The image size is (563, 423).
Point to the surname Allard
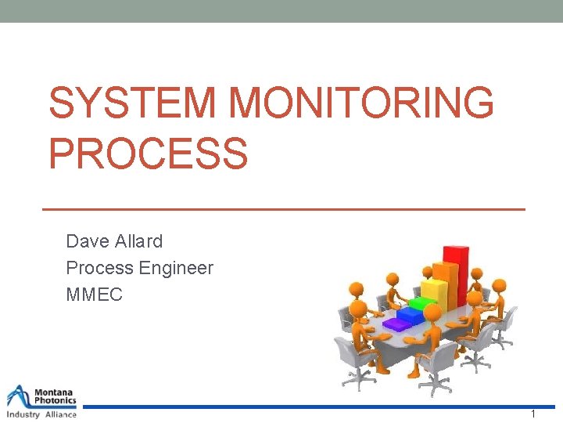coord(138,240)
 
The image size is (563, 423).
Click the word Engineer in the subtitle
coord(176,268)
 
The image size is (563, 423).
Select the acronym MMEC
coord(94,295)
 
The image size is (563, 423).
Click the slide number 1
coord(533,414)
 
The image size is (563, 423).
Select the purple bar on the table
coord(396,322)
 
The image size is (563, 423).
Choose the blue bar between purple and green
coord(407,314)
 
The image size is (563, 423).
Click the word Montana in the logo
coord(55,391)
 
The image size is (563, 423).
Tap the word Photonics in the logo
coord(56,400)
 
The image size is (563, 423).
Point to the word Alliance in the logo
coord(60,414)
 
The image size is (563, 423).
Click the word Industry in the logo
coord(23,414)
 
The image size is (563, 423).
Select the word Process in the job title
coord(99,268)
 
